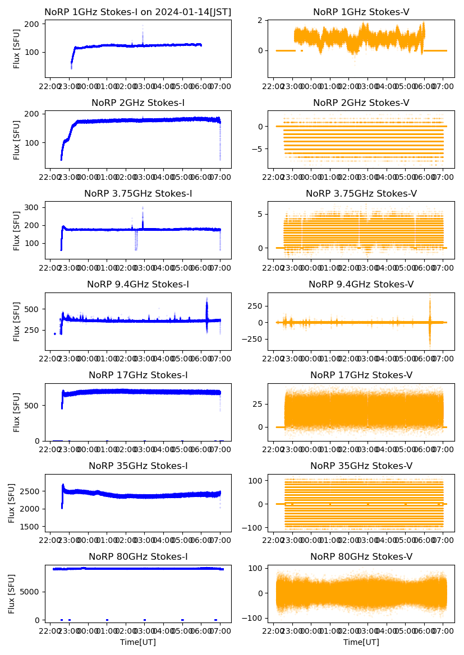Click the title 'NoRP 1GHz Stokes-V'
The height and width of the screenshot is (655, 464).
pos(361,12)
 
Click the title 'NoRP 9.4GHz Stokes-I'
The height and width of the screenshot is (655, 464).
pos(138,285)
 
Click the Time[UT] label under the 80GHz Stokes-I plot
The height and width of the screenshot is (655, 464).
pos(138,642)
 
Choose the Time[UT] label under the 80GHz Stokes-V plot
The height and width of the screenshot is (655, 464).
pos(361,642)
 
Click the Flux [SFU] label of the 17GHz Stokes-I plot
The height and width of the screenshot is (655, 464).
pos(16,412)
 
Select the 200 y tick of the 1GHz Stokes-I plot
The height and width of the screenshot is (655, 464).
pos(32,24)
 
